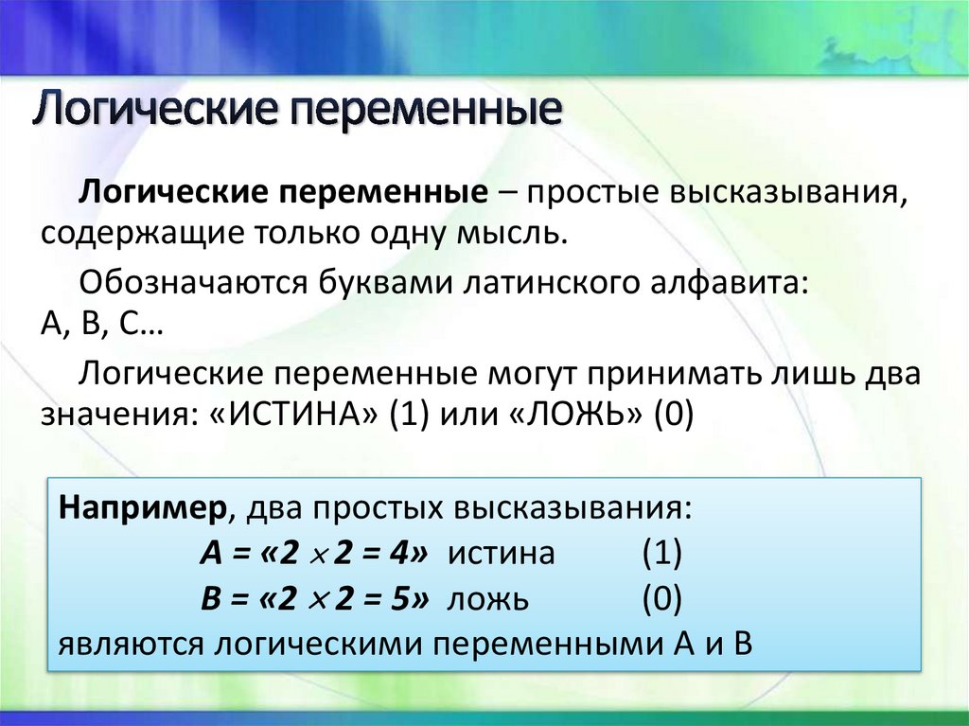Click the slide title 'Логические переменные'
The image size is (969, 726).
[x=297, y=112]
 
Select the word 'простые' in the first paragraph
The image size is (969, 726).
[x=585, y=192]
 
